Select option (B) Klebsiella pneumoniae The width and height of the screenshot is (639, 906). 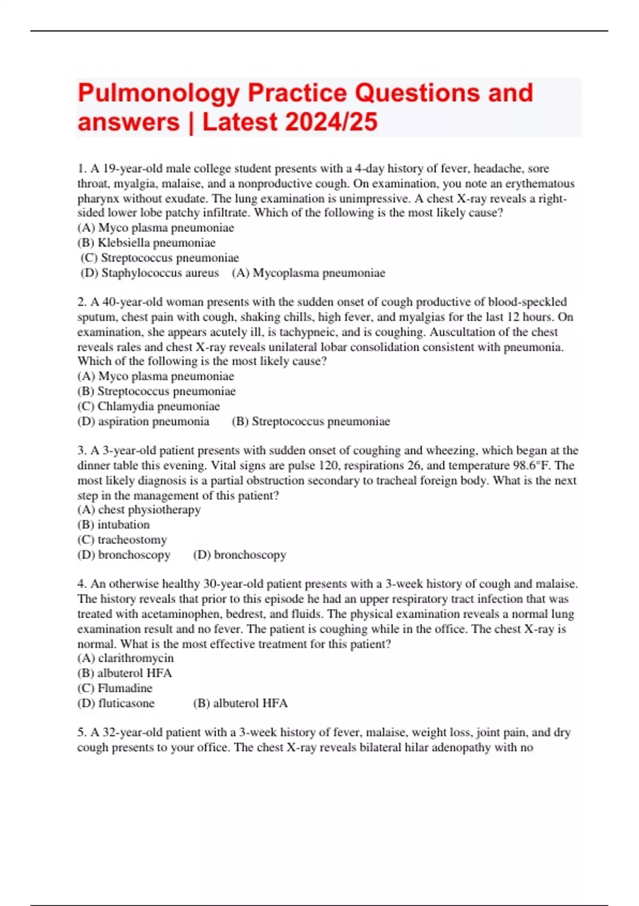tap(146, 243)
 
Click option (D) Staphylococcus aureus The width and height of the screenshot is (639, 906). tap(150, 273)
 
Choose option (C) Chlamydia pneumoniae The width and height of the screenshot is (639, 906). tap(149, 406)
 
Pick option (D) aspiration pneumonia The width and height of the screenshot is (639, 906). tap(143, 421)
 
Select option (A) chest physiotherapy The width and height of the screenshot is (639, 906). tap(139, 509)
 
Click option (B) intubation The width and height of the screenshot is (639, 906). tap(113, 524)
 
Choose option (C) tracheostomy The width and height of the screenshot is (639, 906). tap(122, 539)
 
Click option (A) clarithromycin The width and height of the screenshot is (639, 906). tap(126, 658)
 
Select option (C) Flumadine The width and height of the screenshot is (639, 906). tap(115, 688)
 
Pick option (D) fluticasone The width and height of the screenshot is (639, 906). tap(116, 703)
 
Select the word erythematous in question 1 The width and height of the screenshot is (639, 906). tap(540, 184)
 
